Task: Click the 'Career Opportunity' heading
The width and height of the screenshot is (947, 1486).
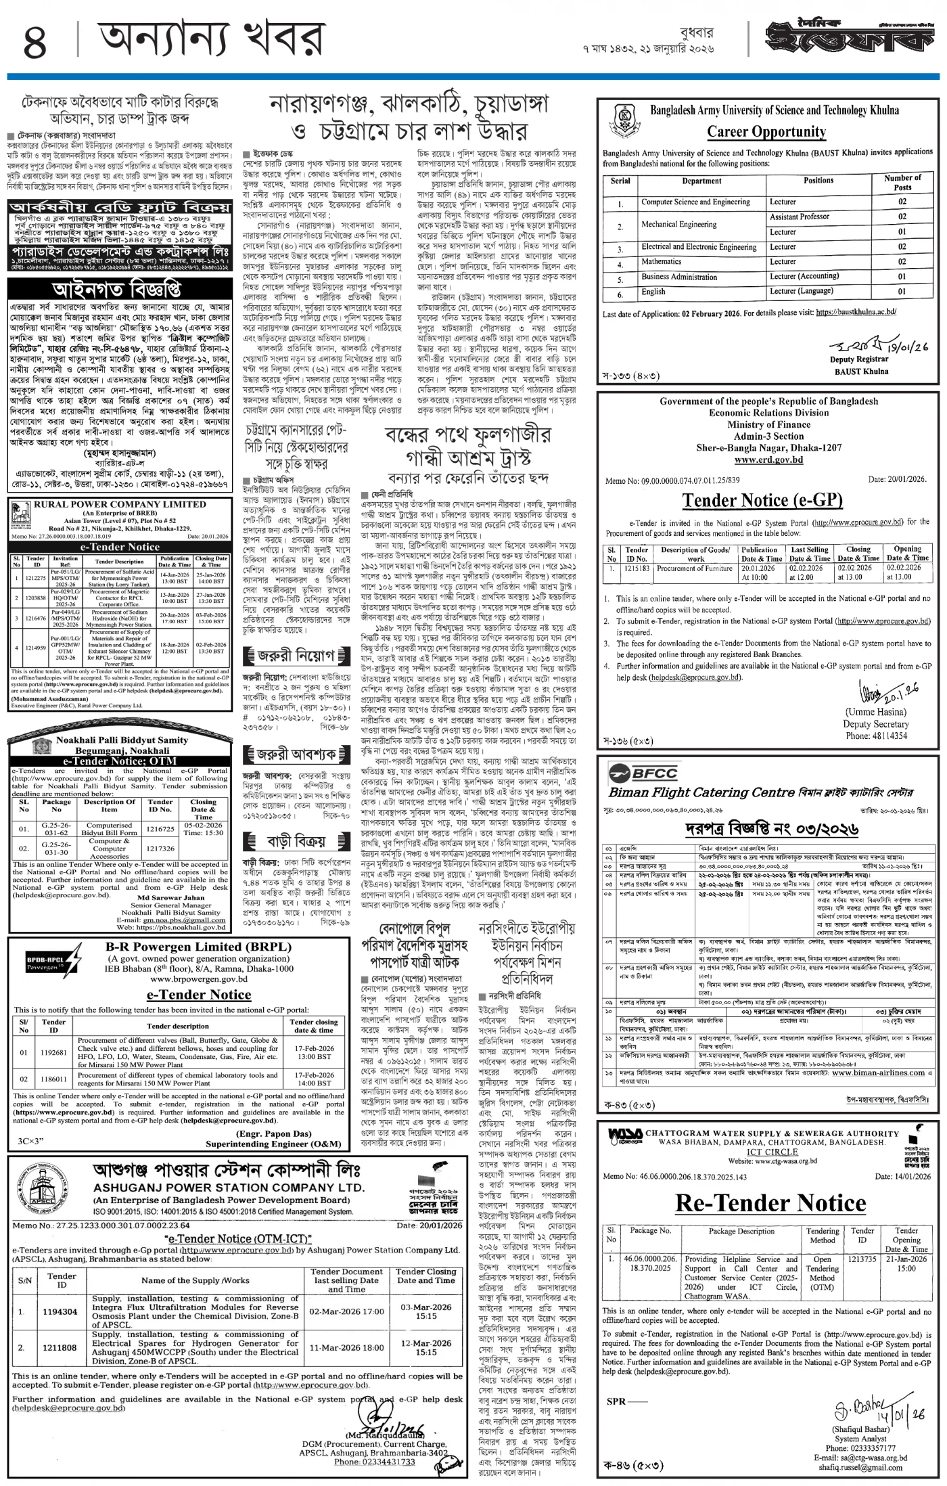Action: click(x=766, y=132)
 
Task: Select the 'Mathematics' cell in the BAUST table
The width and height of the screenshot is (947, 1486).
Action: click(x=661, y=262)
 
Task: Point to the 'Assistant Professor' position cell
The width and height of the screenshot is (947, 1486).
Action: click(x=799, y=217)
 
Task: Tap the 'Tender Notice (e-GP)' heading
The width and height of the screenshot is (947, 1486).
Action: click(x=762, y=500)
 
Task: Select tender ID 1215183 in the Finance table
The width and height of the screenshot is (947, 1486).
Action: click(x=636, y=569)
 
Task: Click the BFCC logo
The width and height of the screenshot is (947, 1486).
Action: click(x=633, y=772)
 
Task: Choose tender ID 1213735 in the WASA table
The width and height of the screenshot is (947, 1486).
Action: click(x=862, y=1259)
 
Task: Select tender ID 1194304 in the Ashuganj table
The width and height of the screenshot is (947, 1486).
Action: click(x=61, y=1311)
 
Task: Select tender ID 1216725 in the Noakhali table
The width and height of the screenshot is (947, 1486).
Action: click(x=160, y=828)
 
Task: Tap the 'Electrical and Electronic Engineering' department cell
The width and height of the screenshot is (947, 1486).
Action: click(x=698, y=247)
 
